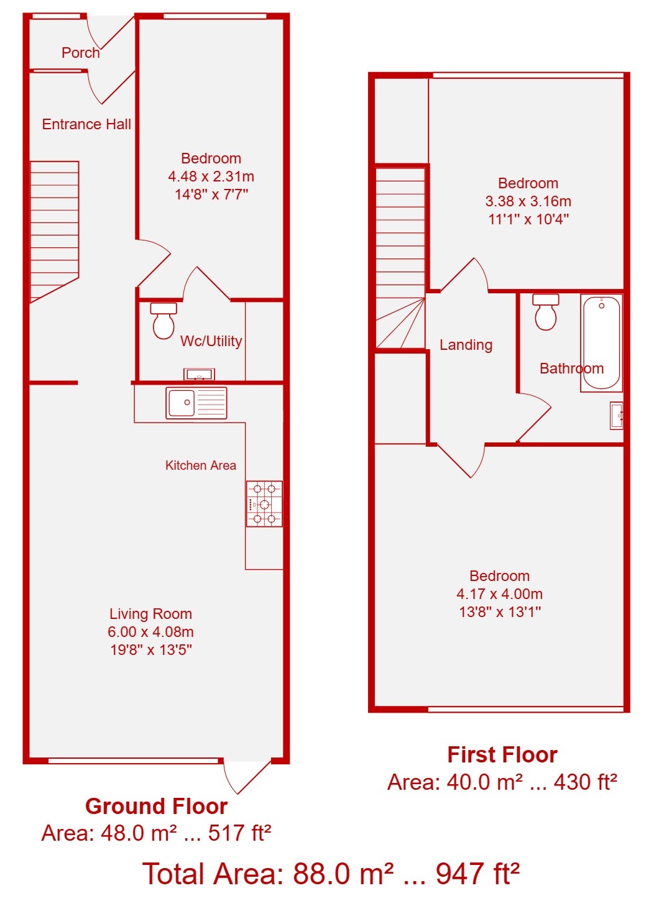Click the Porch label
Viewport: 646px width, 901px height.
80,53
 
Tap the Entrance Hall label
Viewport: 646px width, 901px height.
86,124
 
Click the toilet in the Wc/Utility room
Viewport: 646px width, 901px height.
164,321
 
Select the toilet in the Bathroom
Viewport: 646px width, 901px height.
545,312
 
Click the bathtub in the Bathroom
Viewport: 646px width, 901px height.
601,343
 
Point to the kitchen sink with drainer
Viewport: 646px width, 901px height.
196,403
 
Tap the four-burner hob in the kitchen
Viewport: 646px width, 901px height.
264,503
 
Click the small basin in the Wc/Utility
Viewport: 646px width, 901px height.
199,374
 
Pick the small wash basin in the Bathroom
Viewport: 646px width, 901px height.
616,416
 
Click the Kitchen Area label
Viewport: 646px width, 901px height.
200,465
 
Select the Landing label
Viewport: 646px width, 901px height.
466,345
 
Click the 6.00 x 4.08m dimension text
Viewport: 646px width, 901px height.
150,631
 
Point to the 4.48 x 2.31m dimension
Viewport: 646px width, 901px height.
211,176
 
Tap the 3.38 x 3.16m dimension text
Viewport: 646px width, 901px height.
528,201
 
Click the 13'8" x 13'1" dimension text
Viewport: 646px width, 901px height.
499,612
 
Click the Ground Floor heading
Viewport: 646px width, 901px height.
156,806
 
